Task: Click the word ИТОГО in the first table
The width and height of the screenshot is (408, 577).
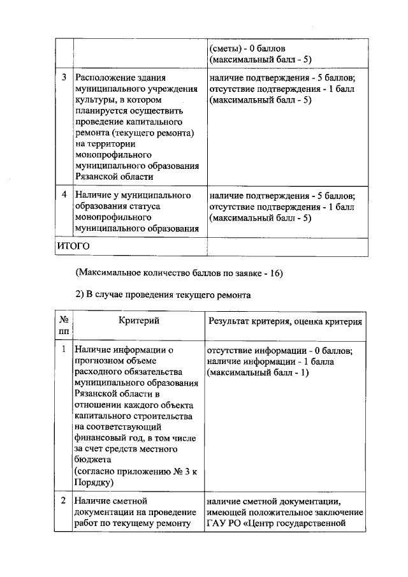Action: click(x=73, y=245)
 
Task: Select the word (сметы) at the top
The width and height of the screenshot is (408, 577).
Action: click(x=225, y=48)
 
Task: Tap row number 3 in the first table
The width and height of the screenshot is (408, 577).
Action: click(x=64, y=78)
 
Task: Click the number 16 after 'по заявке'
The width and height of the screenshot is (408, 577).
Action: click(x=275, y=273)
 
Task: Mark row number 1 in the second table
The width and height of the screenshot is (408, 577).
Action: click(x=64, y=349)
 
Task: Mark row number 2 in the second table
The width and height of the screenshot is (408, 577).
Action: click(x=64, y=501)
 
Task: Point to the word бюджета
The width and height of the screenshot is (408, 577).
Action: click(x=92, y=459)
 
